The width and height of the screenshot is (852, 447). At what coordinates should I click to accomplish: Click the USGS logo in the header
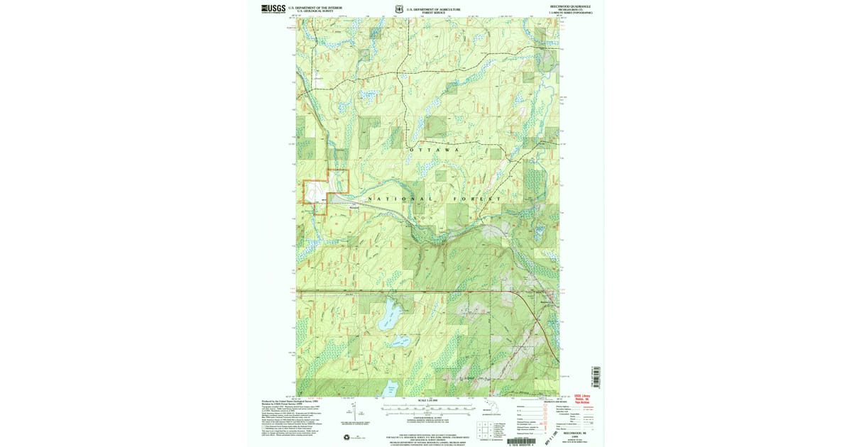tap(273, 9)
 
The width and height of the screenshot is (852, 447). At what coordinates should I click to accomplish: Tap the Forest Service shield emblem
tap(399, 9)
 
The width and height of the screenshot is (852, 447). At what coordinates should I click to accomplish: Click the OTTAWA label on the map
tap(435, 150)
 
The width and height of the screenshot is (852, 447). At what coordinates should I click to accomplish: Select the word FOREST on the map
tap(479, 199)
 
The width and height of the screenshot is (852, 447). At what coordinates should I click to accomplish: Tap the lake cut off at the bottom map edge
tap(390, 389)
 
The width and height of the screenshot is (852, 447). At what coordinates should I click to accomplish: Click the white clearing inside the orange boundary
tap(315, 192)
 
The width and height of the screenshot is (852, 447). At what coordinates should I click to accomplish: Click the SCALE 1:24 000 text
tap(427, 401)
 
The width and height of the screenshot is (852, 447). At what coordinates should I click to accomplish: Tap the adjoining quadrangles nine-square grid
tap(482, 429)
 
